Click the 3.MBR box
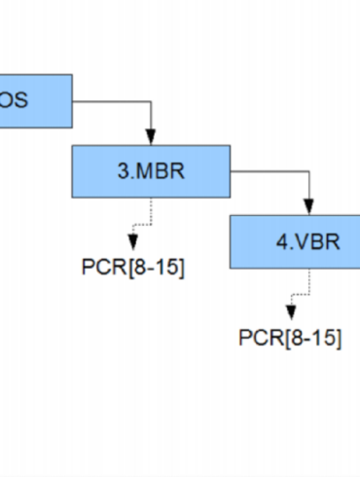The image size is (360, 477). [x=151, y=170]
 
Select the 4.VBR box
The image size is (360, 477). [x=295, y=240]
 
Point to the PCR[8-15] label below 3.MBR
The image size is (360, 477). [x=132, y=267]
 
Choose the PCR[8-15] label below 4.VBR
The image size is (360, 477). [x=290, y=338]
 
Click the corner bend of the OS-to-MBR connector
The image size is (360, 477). [x=151, y=100]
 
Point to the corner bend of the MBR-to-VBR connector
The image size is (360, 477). [x=308, y=171]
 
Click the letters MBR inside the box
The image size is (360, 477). [x=162, y=170]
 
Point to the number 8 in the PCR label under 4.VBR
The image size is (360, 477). [x=296, y=338]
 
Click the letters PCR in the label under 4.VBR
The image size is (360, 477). [x=260, y=338]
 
